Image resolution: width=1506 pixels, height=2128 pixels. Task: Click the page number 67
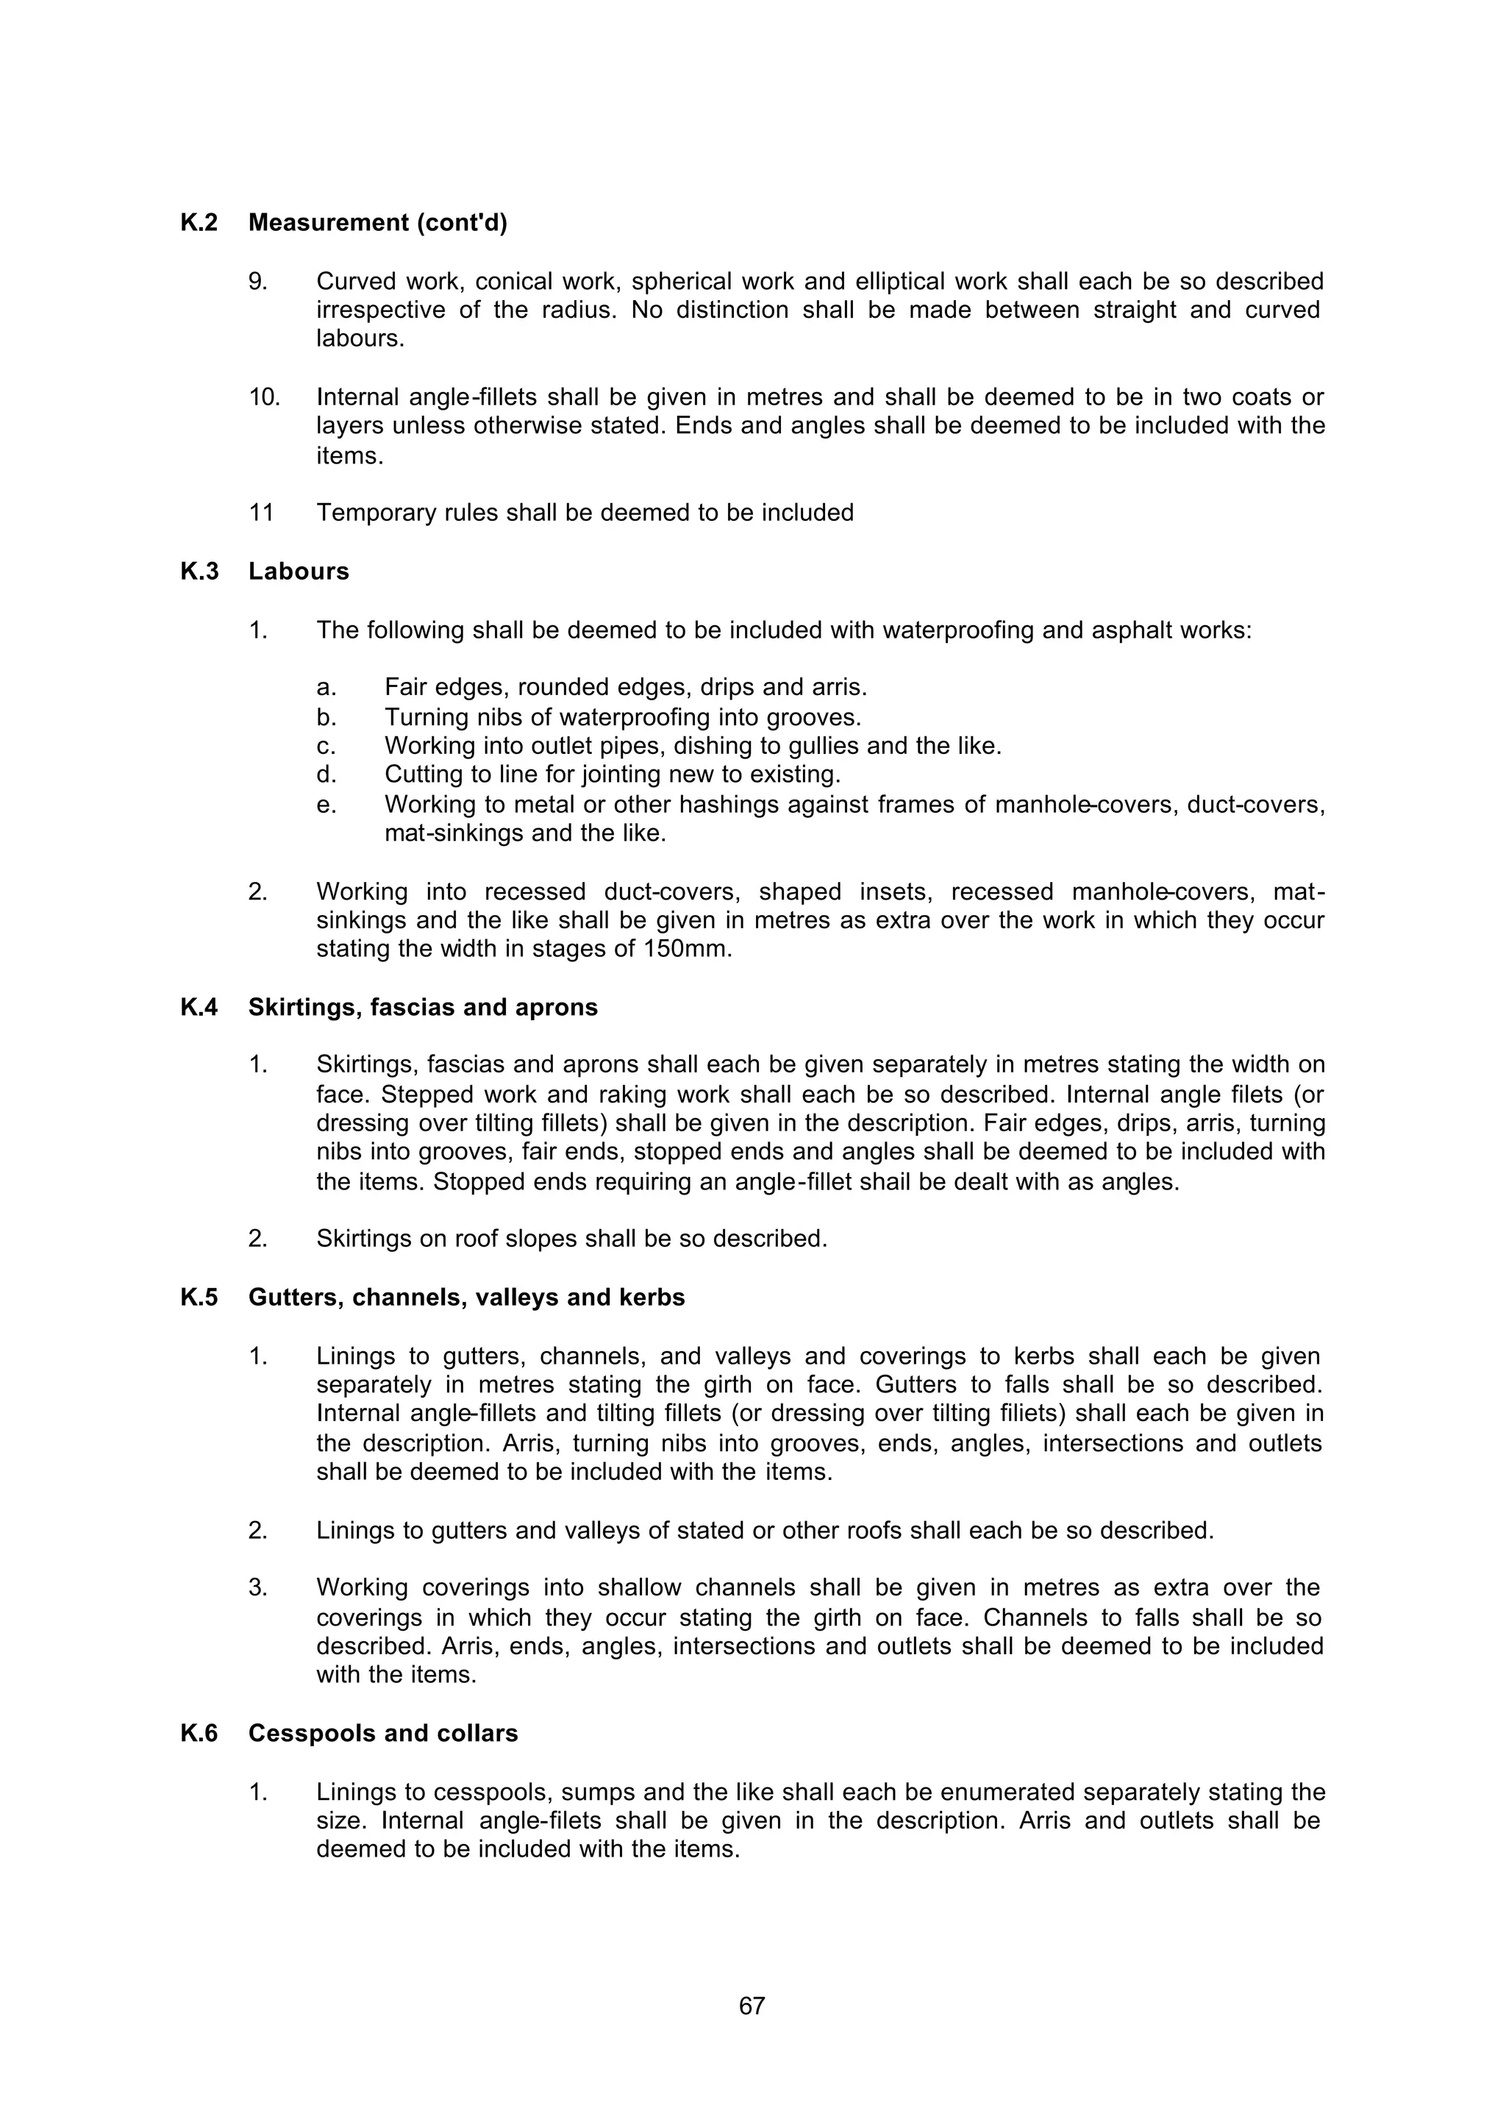tap(752, 2007)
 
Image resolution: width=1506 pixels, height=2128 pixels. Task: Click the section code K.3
tap(199, 572)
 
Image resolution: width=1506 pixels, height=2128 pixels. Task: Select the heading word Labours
tap(299, 572)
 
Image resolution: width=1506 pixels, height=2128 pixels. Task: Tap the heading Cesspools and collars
tap(383, 1734)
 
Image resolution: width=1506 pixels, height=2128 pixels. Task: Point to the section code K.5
tap(199, 1298)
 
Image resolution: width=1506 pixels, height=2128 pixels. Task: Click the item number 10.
tap(264, 397)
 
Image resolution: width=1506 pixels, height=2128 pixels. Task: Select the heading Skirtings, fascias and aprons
tap(423, 1008)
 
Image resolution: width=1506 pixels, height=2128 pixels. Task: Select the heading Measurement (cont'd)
tap(377, 223)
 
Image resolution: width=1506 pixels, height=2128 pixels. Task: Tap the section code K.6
tap(199, 1734)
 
